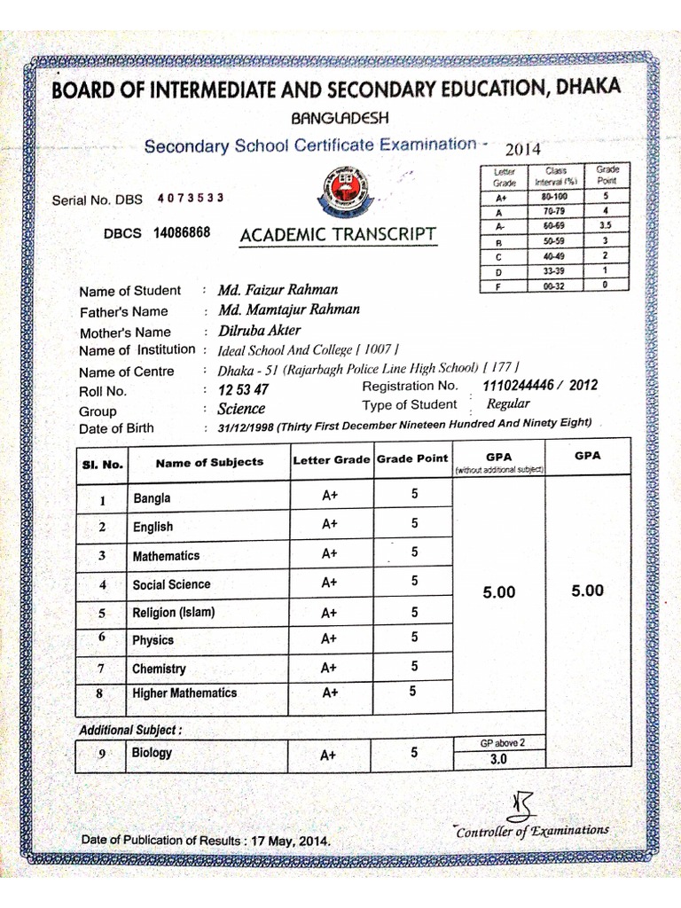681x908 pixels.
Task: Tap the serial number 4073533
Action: pos(190,199)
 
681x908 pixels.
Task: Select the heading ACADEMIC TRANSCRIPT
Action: pos(338,234)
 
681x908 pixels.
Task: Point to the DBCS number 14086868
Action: pos(181,233)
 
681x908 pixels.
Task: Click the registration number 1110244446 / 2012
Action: pos(539,386)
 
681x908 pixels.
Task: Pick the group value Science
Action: pos(241,409)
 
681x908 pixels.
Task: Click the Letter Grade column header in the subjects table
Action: pos(331,459)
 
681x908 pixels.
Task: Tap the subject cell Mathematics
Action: pos(166,556)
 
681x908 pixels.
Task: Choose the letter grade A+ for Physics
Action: pos(329,638)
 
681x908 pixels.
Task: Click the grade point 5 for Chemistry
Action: pos(414,666)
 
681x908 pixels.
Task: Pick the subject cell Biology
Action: pos(153,753)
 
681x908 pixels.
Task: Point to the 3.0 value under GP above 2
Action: pos(497,760)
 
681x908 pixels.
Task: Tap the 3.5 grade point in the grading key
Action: pos(606,227)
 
